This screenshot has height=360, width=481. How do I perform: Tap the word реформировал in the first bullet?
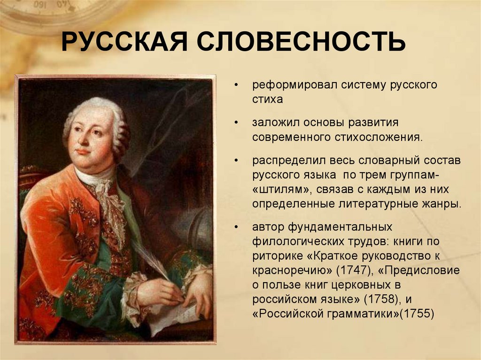(x=290, y=85)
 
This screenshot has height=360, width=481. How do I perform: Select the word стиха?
(x=267, y=100)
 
